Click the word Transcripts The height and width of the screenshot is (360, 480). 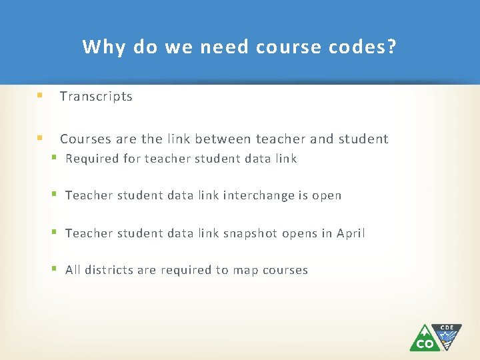click(96, 97)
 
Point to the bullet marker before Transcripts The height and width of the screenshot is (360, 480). click(40, 95)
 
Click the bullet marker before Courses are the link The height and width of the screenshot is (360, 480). click(40, 139)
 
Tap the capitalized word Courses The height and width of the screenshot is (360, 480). click(85, 139)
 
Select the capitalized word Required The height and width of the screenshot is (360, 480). click(92, 159)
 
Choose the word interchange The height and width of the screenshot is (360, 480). click(257, 196)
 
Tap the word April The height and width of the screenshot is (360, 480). click(351, 233)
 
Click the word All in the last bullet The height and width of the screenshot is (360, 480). click(73, 271)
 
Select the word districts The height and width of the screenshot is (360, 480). click(106, 271)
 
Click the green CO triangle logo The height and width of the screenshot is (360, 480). click(424, 339)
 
